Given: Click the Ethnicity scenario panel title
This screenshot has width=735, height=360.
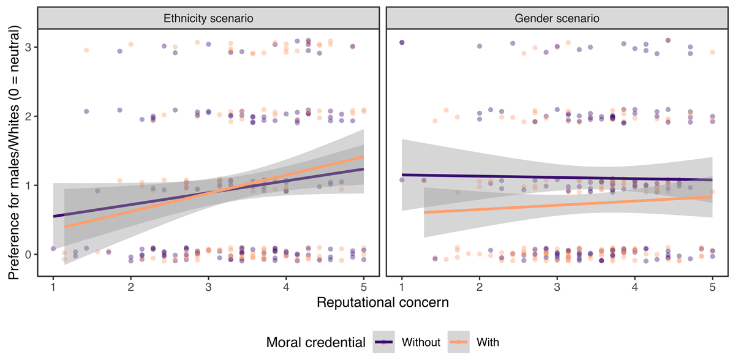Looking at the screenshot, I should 208,18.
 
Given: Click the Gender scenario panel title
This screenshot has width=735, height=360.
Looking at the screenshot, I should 557,18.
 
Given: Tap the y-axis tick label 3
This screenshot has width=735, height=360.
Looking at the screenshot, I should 28,48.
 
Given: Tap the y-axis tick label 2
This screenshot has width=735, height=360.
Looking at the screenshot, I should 28,116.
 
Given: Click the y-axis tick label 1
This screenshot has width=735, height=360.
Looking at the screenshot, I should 28,186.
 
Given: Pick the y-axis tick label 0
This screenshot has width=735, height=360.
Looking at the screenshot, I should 28,254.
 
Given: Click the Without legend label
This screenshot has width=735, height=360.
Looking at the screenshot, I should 421,342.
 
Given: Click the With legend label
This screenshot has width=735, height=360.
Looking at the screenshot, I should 489,342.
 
